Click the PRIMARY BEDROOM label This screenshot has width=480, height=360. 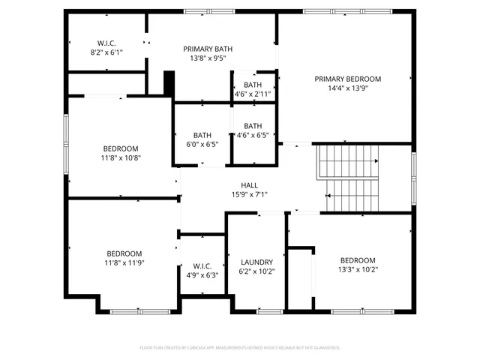tap(347, 79)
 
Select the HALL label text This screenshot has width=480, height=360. tap(249, 185)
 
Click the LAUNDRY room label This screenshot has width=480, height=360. tap(256, 262)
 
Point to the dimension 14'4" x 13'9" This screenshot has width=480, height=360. tap(347, 88)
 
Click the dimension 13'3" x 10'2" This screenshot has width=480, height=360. tap(358, 270)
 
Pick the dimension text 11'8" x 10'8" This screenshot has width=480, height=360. tap(121, 157)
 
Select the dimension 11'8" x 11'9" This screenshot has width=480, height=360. tap(124, 263)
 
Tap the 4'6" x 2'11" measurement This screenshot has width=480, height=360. tap(253, 94)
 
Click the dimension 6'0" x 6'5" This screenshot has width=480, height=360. tap(202, 144)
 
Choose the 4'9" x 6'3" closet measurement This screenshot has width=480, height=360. tap(202, 275)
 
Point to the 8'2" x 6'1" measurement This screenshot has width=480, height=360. tap(106, 52)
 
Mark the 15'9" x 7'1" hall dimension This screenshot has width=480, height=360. tap(249, 194)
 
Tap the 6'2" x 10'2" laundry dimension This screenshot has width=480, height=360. tap(256, 271)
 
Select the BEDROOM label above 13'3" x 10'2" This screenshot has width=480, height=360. tap(358, 261)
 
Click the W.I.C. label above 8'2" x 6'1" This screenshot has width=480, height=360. tap(106, 43)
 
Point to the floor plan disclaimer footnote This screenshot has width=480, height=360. tap(240, 347)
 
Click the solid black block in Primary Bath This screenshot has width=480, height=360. tap(169, 82)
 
